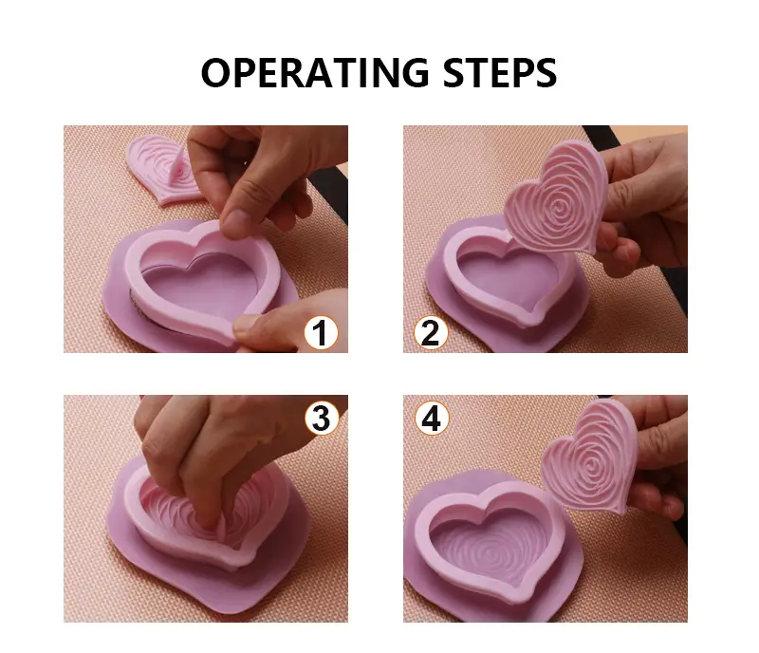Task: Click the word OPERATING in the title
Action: [x=315, y=73]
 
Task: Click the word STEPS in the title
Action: [x=500, y=73]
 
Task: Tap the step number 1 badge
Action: [x=321, y=333]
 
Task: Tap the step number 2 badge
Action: [x=431, y=333]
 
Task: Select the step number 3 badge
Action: [x=322, y=418]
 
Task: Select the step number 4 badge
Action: [x=432, y=418]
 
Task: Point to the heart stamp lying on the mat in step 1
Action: [x=159, y=169]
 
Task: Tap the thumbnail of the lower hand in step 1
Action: [x=248, y=326]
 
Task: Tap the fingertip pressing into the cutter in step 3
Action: [x=209, y=522]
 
